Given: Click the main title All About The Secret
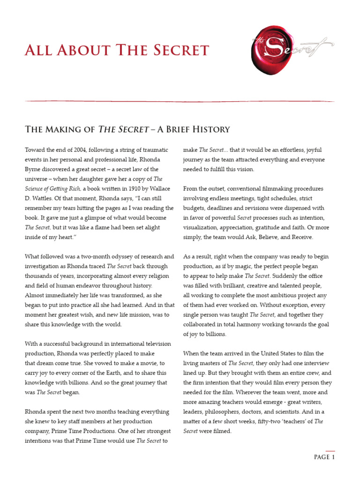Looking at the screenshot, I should pyautogui.click(x=117, y=50).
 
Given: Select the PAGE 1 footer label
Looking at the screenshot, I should pyautogui.click(x=322, y=457).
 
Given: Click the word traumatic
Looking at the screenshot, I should pyautogui.click(x=153, y=150).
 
